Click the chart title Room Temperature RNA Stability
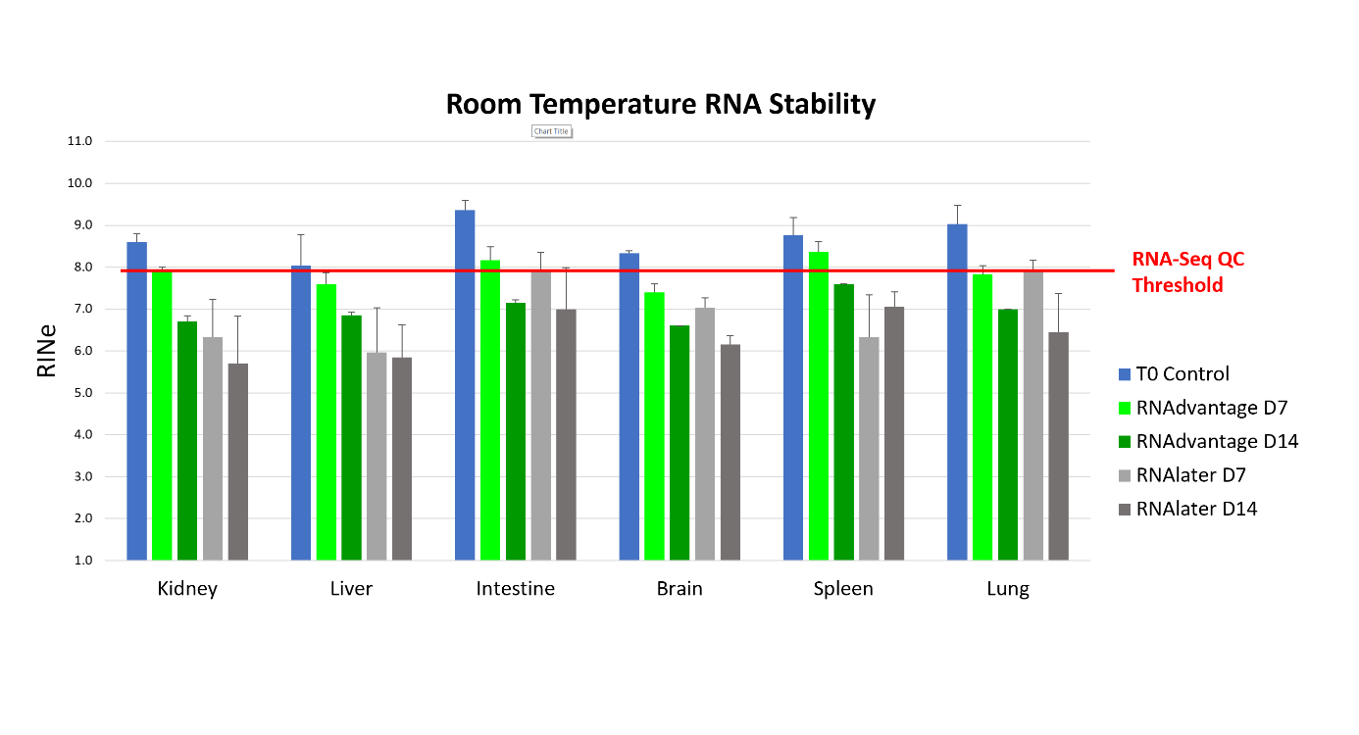click(660, 104)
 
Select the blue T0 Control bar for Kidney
click(137, 402)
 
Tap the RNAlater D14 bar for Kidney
click(238, 461)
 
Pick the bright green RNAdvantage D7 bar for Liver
click(327, 421)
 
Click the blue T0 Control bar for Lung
click(957, 392)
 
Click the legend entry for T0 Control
click(1182, 373)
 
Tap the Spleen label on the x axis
click(843, 589)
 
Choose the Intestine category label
click(516, 589)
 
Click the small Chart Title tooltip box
click(550, 131)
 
